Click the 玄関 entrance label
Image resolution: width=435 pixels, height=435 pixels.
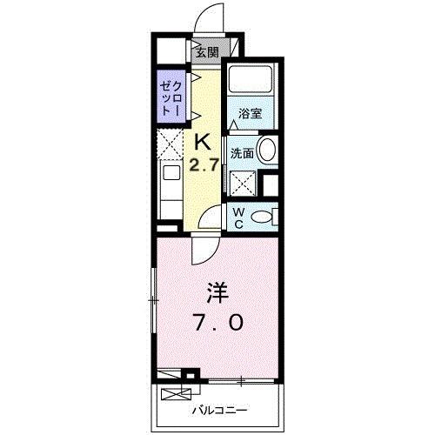point(207,51)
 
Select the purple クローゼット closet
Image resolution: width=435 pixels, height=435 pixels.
point(169,100)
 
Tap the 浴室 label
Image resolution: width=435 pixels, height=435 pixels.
point(251,113)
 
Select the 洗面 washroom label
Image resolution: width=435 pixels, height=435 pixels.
point(242,153)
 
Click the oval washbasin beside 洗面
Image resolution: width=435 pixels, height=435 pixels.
point(268,150)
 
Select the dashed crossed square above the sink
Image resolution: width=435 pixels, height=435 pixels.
point(169,143)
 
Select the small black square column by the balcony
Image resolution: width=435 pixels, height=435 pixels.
point(194,376)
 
